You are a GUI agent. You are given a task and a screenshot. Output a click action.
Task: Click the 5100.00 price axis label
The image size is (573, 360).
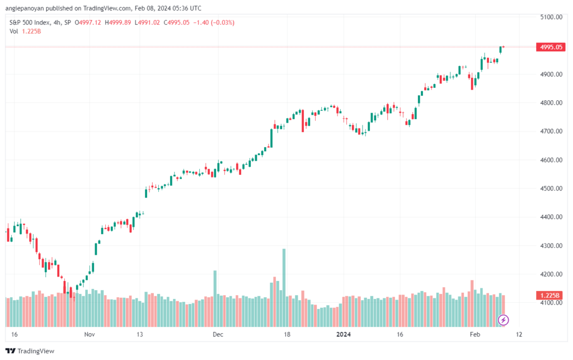[x=551, y=17]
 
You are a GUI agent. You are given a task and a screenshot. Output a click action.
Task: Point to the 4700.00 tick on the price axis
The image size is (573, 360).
[x=551, y=132]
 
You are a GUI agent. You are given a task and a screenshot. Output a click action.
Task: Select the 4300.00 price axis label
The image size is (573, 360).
[x=551, y=246]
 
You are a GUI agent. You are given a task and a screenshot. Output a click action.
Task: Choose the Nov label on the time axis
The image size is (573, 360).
[x=90, y=334]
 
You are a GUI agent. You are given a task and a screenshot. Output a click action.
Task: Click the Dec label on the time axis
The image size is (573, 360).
[x=218, y=334]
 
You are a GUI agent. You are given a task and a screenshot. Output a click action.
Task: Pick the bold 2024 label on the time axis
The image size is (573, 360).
[x=344, y=334]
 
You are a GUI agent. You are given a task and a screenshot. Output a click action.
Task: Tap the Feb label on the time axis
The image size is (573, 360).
[x=475, y=334]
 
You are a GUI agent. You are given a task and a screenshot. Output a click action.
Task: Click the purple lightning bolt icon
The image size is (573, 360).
[x=503, y=320]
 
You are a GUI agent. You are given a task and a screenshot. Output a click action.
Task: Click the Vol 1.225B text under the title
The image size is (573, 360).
[x=25, y=31]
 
